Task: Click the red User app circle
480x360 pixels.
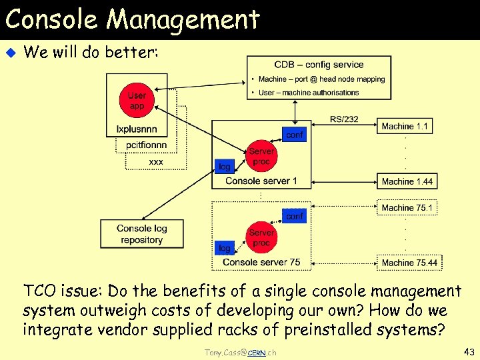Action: click(x=137, y=101)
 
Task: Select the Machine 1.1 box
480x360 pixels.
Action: click(x=405, y=126)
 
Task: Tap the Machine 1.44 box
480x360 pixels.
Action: click(x=407, y=181)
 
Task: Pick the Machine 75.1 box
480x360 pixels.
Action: click(x=407, y=208)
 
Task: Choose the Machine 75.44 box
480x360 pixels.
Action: click(x=409, y=263)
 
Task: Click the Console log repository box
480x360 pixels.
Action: click(x=141, y=234)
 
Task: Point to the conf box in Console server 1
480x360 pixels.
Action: click(x=294, y=135)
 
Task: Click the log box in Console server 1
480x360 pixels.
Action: click(x=225, y=167)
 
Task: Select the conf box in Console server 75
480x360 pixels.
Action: click(x=294, y=216)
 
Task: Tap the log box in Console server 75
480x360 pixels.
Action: click(x=225, y=248)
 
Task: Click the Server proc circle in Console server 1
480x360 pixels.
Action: click(x=261, y=157)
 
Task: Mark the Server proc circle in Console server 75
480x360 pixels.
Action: click(x=261, y=238)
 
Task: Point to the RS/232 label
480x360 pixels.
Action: click(x=344, y=119)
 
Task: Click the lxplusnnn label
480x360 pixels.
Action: click(x=137, y=129)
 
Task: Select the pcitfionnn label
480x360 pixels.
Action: click(x=146, y=145)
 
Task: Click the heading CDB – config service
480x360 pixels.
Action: click(x=319, y=65)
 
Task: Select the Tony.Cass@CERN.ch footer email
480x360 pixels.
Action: click(x=239, y=352)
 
